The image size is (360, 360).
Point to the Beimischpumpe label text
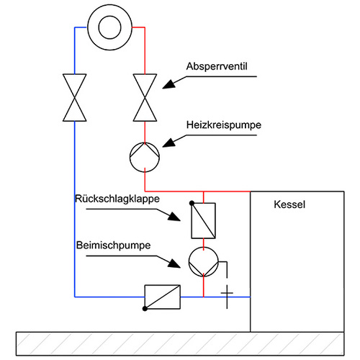(x=113, y=245)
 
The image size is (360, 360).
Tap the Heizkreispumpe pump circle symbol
(x=145, y=155)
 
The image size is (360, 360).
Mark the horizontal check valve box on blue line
(x=162, y=296)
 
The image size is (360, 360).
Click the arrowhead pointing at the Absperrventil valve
(x=168, y=84)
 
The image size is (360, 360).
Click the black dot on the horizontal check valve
(x=145, y=308)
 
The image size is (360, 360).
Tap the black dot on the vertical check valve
(x=192, y=204)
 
